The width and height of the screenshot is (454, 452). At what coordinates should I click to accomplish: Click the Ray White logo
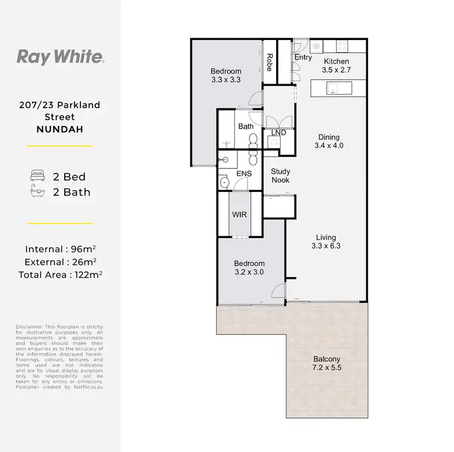point(61,58)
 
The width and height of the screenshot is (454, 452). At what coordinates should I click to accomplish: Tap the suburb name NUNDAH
point(59,128)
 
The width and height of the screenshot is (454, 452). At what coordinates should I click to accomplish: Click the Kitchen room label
point(336,62)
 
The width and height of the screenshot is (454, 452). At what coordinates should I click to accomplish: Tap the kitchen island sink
point(334,88)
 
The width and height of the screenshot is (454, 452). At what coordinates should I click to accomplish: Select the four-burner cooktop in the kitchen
point(341,45)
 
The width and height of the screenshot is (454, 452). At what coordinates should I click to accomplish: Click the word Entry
point(303,58)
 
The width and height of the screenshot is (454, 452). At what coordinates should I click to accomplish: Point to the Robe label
point(269,62)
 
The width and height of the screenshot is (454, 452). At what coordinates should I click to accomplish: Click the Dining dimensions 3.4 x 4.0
point(329,146)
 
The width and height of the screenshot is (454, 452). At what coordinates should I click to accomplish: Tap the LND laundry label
point(278,133)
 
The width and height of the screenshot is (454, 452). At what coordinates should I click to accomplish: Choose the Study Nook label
point(280,176)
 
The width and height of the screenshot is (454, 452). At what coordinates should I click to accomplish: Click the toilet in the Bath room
point(254,140)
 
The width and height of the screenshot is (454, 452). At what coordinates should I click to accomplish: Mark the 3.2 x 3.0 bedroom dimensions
point(249,272)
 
